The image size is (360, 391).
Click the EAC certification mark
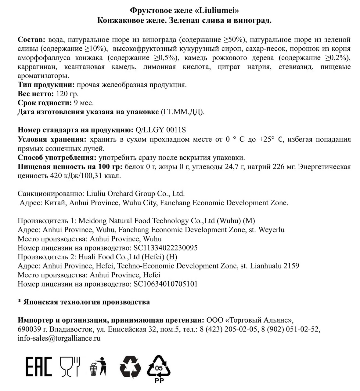[x=39, y=366]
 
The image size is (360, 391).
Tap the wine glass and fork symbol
[x=70, y=366]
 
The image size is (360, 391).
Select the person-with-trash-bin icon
[x=98, y=366]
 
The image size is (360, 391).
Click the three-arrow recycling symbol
[x=130, y=367]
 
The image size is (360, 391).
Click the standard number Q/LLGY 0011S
[x=160, y=130]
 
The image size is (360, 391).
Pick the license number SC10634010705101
[x=166, y=284]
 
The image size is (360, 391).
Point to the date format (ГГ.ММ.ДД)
[x=182, y=112]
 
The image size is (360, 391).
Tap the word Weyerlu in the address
[x=271, y=230]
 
